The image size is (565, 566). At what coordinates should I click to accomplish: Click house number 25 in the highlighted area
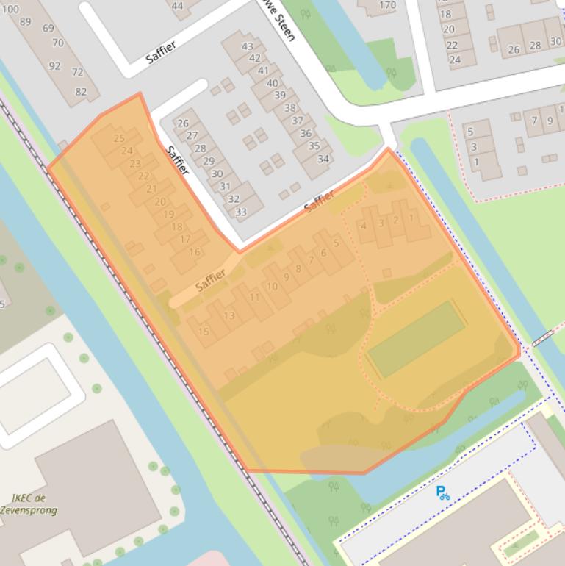[119, 138]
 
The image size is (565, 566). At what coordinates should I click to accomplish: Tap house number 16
[194, 252]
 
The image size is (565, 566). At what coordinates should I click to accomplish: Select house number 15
[204, 332]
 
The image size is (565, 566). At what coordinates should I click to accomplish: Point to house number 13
[229, 316]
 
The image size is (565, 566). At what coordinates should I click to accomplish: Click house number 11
[255, 297]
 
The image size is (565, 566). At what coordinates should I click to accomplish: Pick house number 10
[272, 286]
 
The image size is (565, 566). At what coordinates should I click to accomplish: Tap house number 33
[240, 212]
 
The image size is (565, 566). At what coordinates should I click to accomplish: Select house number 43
[247, 46]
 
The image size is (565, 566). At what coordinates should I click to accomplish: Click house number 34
[323, 158]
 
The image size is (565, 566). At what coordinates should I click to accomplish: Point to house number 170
[387, 6]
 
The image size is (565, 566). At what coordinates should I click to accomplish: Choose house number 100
[11, 10]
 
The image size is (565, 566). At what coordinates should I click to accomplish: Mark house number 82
[81, 92]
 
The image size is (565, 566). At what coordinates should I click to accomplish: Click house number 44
[178, 6]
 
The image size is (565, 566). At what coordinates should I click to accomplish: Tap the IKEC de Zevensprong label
[34, 504]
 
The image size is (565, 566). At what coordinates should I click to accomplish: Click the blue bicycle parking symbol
[443, 493]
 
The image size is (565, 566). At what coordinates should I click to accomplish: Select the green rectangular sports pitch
[416, 339]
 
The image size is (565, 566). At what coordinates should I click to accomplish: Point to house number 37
[297, 121]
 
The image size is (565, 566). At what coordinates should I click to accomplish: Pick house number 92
[54, 66]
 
